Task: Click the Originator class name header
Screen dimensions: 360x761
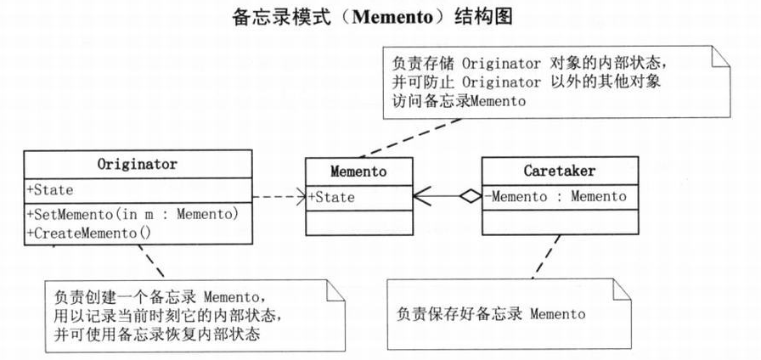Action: (138, 164)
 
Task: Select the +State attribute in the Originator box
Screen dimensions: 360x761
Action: (51, 190)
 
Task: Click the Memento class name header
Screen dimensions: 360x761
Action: (358, 171)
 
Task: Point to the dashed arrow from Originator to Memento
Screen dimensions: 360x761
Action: (276, 197)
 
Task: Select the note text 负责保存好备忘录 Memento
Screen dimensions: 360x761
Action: (491, 314)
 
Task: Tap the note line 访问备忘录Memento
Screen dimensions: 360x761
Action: (459, 101)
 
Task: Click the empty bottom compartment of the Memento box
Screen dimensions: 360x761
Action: (358, 222)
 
